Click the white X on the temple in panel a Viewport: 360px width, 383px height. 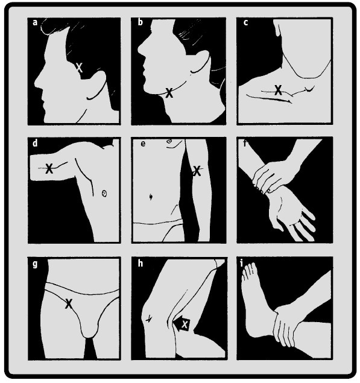(79, 68)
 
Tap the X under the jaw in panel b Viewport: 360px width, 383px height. (169, 93)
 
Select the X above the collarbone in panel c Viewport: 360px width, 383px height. (278, 90)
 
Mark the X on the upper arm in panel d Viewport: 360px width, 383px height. (49, 168)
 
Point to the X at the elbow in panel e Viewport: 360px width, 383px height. (197, 171)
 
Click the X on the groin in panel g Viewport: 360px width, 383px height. (69, 303)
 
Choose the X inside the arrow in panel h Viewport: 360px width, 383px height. (185, 324)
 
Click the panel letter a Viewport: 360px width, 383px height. (35, 22)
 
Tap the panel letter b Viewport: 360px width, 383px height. (140, 22)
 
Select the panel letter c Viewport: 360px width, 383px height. (245, 22)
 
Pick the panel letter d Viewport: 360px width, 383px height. (35, 143)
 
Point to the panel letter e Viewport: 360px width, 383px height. (143, 144)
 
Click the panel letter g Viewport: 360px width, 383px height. (35, 264)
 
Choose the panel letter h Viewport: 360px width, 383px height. (140, 263)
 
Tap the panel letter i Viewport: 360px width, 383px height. (242, 264)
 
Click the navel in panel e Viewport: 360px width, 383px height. (151, 197)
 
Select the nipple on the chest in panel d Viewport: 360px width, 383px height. (104, 194)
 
